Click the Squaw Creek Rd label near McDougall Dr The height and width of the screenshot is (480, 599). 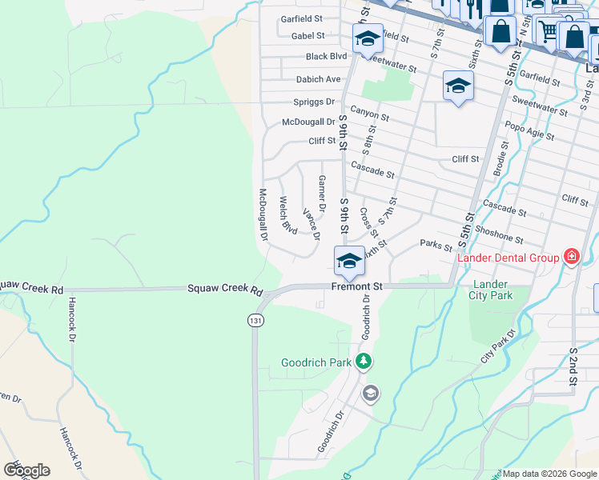225,289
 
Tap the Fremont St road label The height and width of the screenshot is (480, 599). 357,286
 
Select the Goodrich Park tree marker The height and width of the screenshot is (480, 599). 364,362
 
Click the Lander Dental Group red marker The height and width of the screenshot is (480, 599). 571,257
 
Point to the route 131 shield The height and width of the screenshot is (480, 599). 255,320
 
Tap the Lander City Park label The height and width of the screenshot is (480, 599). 491,289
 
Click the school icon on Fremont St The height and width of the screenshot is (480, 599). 348,261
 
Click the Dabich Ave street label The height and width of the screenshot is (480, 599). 318,79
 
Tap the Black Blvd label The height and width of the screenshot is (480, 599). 326,57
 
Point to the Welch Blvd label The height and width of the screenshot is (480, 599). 287,215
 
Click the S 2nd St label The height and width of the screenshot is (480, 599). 573,367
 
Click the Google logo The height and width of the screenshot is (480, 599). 26,470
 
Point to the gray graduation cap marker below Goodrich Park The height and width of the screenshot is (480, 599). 370,393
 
